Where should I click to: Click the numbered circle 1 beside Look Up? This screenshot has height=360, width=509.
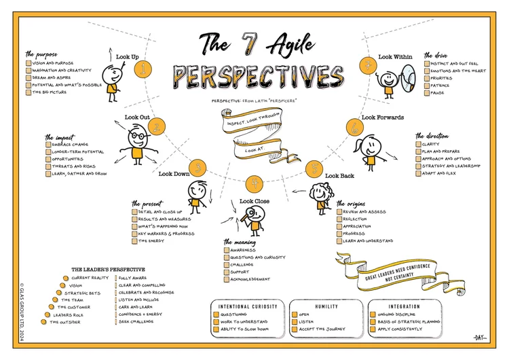[x=143, y=67]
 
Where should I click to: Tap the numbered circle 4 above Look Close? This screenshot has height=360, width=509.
[x=254, y=183]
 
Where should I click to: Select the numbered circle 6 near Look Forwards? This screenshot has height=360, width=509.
[x=354, y=127]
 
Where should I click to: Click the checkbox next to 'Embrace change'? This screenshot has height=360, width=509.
[x=49, y=145]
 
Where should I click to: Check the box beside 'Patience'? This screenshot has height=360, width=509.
[x=428, y=85]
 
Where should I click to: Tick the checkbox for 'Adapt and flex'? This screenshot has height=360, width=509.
[x=419, y=173]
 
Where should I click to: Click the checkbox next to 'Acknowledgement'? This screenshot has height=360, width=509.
[x=227, y=279]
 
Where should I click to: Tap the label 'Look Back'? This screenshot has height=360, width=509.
[x=339, y=175]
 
